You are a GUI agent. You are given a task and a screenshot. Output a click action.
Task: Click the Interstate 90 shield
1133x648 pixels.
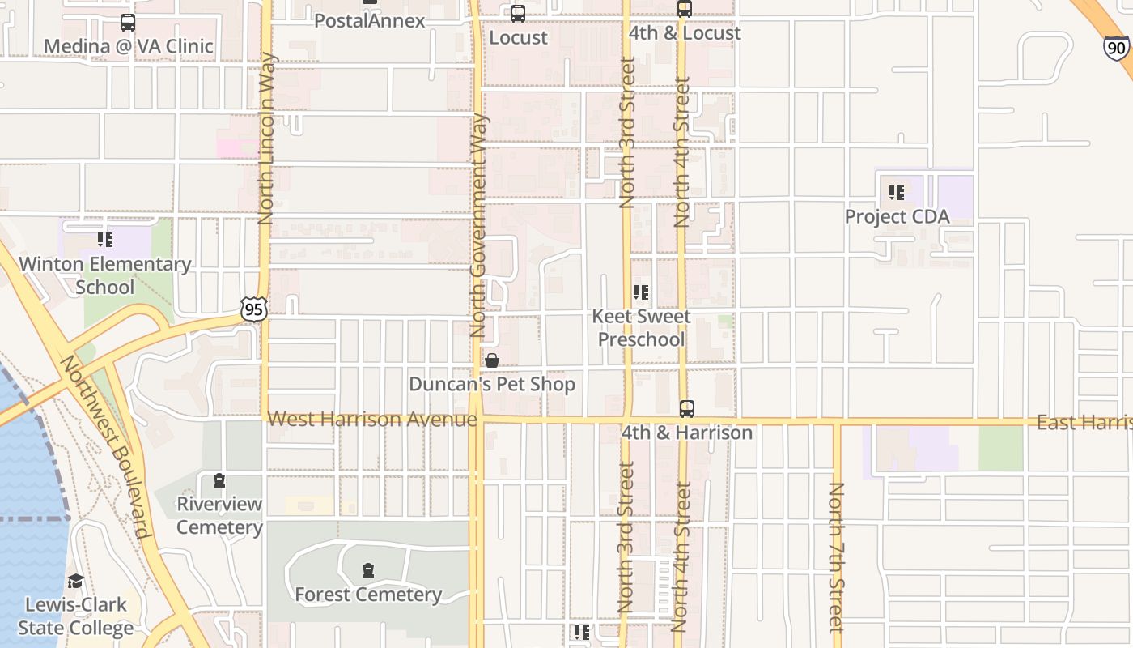pos(1116,47)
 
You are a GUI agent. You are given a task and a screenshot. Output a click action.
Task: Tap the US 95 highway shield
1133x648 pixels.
pos(253,308)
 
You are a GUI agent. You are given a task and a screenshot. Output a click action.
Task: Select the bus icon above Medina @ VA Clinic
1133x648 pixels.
pos(128,23)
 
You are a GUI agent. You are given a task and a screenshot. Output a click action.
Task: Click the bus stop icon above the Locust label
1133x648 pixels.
pos(518,14)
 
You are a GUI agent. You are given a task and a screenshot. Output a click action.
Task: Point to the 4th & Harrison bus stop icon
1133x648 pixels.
pos(686,409)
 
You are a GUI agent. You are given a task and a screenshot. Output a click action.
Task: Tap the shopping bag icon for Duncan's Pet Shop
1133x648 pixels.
pos(492,360)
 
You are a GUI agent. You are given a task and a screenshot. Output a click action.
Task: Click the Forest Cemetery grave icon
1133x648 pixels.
pos(368,571)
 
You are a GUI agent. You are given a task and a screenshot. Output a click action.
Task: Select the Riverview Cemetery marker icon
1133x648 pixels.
pos(219,481)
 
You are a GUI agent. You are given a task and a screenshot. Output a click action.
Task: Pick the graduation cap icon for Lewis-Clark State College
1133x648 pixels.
pos(76,581)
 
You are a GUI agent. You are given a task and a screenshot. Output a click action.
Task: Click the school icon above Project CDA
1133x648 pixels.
pos(897,193)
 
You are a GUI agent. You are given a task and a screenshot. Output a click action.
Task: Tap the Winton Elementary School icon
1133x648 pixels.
pos(105,240)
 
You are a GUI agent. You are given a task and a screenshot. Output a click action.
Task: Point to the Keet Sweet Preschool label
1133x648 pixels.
pos(641,328)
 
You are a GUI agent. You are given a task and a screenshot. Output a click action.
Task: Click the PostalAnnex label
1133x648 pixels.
pos(369,21)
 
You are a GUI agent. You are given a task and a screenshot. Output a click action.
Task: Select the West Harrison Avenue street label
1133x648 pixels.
pos(372,419)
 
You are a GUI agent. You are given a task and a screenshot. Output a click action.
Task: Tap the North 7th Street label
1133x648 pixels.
pos(836,557)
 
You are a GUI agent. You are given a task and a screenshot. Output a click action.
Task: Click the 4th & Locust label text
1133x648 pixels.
pos(685,33)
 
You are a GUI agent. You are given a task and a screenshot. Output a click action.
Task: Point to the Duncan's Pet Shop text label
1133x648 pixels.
pos(492,384)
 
